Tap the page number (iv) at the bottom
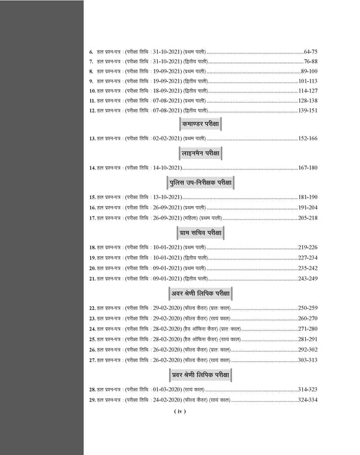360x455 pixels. pos(179,411)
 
